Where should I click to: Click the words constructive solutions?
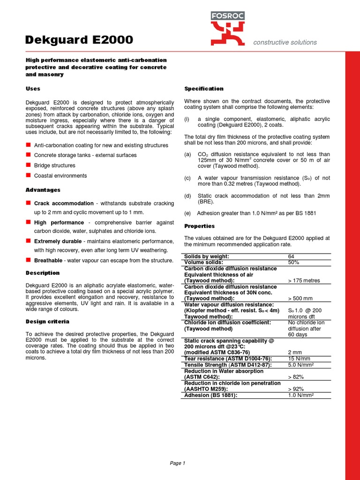tap(285, 42)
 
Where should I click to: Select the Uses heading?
tap(33, 89)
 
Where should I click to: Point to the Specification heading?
tap(204, 89)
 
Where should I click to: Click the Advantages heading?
tap(43, 190)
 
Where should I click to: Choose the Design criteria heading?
tap(47, 321)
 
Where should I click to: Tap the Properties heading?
tap(199, 226)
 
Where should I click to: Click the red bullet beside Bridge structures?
tap(28, 165)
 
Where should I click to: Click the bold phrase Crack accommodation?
tap(64, 203)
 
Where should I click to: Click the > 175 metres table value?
tap(305, 280)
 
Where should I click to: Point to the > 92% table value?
tap(296, 389)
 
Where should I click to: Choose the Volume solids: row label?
tap(203, 262)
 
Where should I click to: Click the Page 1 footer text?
tap(177, 463)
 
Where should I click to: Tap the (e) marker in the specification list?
tap(187, 213)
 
